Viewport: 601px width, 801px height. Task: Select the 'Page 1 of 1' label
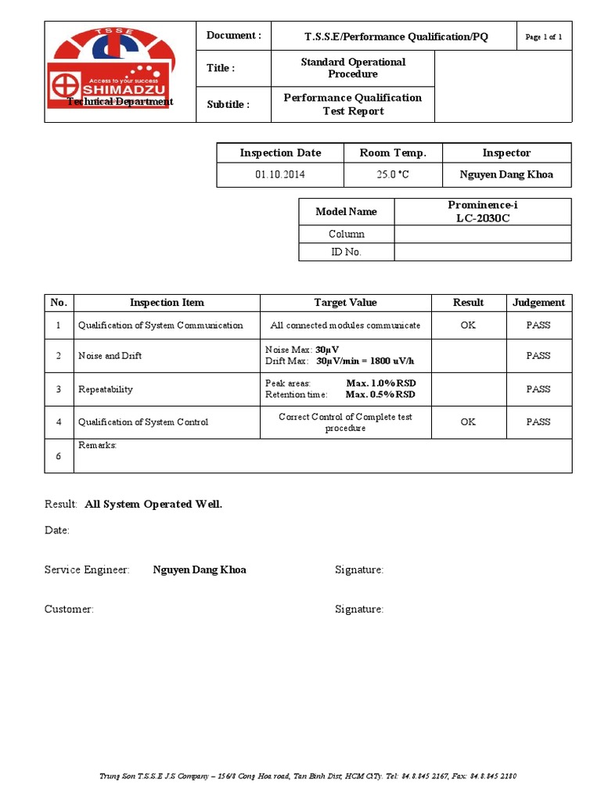544,37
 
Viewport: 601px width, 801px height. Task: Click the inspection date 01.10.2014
279,174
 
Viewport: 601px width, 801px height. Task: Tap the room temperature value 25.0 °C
392,174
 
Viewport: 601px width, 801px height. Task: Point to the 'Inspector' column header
506,153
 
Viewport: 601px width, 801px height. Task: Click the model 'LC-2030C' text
482,218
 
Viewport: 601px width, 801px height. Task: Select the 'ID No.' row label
346,252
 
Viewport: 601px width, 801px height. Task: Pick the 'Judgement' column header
538,303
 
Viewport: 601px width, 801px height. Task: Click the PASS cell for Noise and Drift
538,356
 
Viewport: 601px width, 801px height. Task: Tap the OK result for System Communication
468,325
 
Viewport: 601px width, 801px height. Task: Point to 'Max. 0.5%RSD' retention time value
380,395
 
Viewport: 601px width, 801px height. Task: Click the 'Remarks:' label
98,445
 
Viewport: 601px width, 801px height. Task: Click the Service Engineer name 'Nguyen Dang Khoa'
200,570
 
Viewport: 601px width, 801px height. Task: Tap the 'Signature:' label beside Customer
359,609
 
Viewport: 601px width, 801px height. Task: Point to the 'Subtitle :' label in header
229,105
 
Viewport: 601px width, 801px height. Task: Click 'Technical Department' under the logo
120,102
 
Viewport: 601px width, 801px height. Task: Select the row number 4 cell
59,422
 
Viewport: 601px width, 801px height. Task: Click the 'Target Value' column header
345,303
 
